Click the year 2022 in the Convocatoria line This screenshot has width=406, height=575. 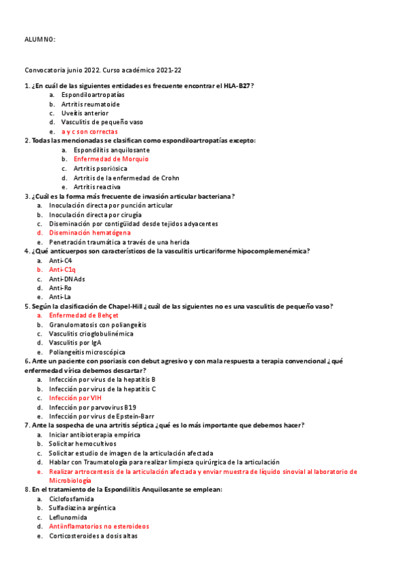(89, 70)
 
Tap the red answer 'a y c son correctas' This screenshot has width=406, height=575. (89, 132)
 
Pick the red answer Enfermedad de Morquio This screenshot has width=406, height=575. (110, 159)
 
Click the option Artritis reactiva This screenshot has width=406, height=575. (97, 186)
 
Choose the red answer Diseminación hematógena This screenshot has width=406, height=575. (89, 233)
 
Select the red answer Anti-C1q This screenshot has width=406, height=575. (62, 270)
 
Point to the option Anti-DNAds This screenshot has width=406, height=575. (66, 279)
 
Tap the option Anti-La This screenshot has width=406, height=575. (60, 297)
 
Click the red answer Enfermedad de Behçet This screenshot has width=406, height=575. (83, 315)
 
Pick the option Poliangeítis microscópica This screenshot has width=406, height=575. (87, 352)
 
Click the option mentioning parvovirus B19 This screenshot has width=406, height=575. (92, 407)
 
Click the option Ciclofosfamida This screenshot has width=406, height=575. (71, 498)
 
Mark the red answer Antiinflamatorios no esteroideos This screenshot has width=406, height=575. (99, 526)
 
